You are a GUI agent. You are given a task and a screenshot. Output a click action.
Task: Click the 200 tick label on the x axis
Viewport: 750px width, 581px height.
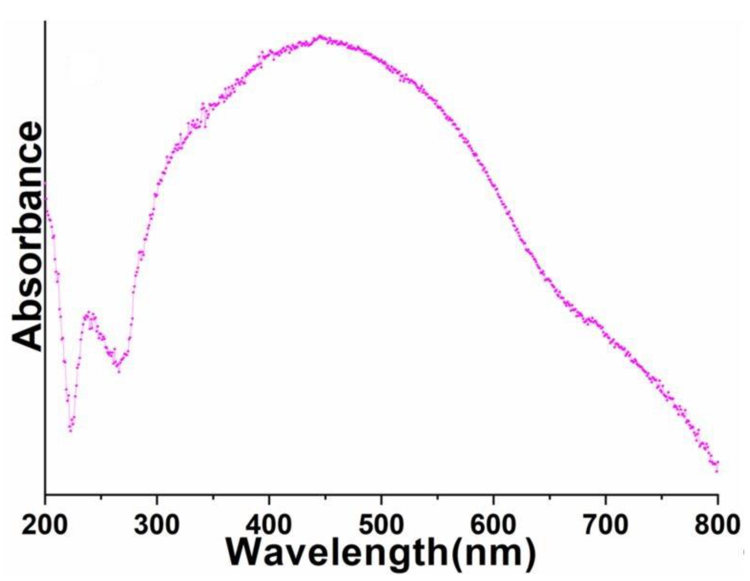coord(44,525)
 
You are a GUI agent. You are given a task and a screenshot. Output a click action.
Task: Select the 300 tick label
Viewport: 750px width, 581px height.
coord(157,525)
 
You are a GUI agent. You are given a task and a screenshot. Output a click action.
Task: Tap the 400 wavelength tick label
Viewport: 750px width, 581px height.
coord(269,525)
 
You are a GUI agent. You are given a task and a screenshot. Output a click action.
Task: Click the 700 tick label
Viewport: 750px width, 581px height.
coord(605,525)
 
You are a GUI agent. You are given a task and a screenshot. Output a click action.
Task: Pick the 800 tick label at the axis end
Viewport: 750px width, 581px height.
coord(716,525)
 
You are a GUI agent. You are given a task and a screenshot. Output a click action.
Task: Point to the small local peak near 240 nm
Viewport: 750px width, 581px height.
coord(89,313)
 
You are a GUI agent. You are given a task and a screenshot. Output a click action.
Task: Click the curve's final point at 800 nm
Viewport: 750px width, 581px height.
coord(717,471)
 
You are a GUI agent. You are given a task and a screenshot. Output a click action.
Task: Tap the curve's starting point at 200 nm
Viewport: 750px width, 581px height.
coord(45,184)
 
